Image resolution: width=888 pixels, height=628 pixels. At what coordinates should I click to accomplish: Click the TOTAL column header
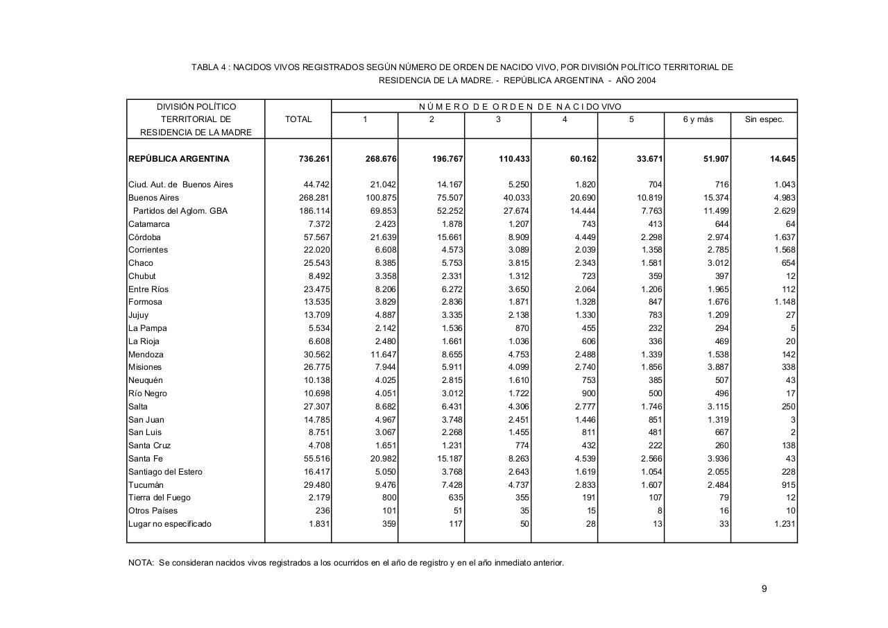[x=298, y=119]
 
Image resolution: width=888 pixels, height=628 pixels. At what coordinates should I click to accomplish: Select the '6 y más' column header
[x=697, y=119]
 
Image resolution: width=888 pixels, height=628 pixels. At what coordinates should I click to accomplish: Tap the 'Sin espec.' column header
[x=764, y=119]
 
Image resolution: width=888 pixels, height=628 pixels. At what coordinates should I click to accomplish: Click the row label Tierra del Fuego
[x=160, y=498]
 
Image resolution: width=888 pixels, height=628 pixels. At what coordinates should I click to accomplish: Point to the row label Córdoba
[x=144, y=237]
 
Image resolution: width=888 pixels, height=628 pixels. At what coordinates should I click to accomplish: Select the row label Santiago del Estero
[x=165, y=472]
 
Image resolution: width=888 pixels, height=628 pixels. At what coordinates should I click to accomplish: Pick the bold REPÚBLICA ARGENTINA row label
[x=179, y=159]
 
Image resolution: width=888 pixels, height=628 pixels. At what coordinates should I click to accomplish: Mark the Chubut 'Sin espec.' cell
[x=790, y=276]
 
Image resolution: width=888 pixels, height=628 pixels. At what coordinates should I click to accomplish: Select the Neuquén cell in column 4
[x=587, y=380]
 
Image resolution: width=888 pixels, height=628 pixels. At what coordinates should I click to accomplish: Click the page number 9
[x=764, y=589]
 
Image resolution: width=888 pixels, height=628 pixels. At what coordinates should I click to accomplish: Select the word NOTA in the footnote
[x=141, y=563]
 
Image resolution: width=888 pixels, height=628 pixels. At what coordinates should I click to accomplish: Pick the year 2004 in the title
[x=646, y=80]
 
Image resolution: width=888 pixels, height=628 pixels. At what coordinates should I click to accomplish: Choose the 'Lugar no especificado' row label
[x=170, y=524]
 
